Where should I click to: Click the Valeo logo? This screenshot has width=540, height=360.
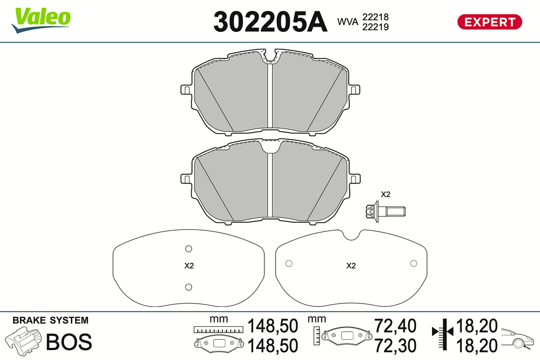41,20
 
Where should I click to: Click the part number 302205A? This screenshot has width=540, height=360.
270,22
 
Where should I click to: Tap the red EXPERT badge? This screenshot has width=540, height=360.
490,22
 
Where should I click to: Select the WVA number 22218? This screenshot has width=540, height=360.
375,17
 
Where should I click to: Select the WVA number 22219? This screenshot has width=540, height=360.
375,27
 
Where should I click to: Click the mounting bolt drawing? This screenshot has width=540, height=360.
385,211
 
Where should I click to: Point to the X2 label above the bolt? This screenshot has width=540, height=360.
385,194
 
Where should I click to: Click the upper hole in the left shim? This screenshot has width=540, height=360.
189,248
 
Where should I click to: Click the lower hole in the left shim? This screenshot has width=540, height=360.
189,287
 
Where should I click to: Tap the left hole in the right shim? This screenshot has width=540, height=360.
289,264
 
